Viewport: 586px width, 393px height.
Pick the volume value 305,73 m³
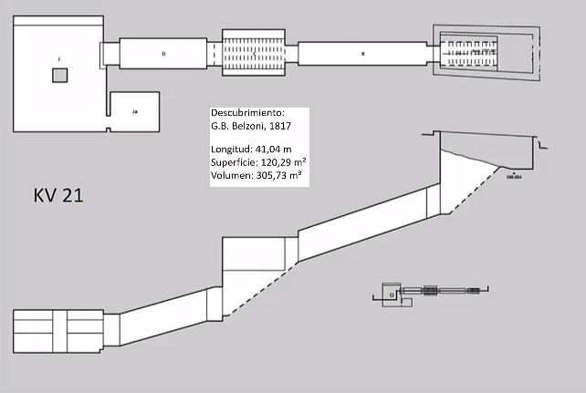(281, 173)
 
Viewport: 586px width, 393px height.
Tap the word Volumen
(232, 173)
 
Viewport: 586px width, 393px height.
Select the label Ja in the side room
(134, 111)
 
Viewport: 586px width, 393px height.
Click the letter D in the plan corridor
(163, 54)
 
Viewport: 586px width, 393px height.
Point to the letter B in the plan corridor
(362, 54)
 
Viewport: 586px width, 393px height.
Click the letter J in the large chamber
(58, 58)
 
